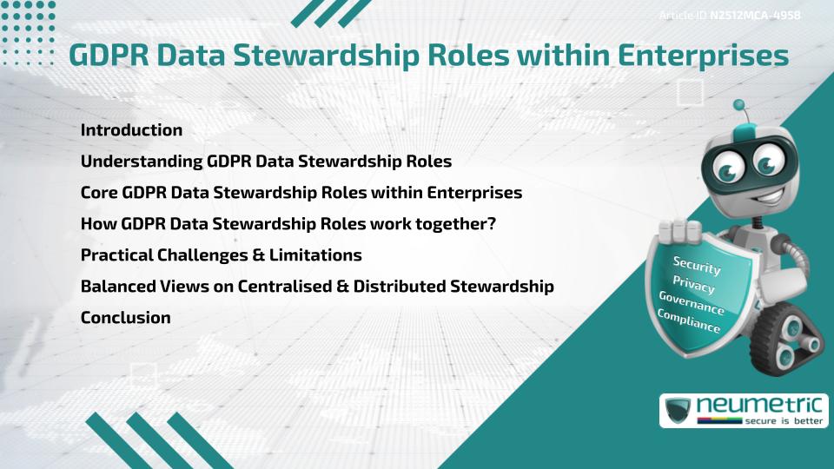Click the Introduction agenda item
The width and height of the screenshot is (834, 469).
[x=131, y=130]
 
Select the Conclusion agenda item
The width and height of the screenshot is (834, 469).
[x=125, y=318]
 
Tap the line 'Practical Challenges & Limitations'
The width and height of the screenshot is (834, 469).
[x=221, y=255]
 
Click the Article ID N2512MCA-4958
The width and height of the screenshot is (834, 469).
[x=731, y=15]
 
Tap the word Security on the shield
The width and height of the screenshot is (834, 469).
[x=697, y=265]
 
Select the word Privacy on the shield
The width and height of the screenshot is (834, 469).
[x=694, y=284]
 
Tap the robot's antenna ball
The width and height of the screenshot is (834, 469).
[x=739, y=106]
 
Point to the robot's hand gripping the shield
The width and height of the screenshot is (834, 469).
[x=683, y=229]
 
